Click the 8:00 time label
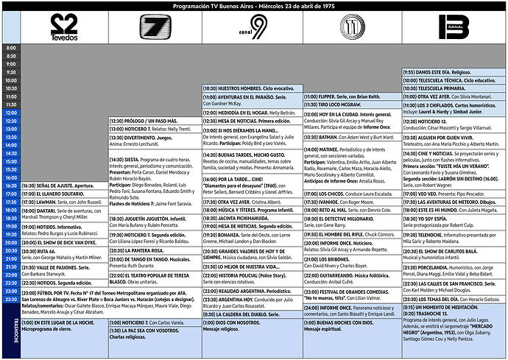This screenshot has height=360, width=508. (10, 48)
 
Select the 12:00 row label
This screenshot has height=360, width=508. (10, 112)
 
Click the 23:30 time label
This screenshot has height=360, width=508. (10, 300)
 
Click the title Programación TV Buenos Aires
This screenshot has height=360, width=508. (253, 6)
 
